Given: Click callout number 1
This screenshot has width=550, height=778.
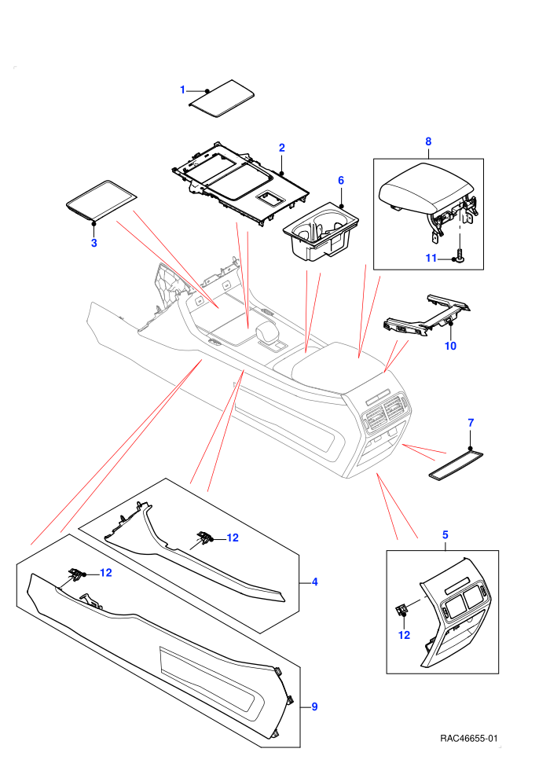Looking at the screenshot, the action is click(182, 90).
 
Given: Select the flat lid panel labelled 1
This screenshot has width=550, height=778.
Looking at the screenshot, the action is click(222, 98).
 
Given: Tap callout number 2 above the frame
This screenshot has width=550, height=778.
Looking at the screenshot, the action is click(282, 148).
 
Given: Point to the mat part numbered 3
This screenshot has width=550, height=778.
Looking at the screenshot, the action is click(101, 199).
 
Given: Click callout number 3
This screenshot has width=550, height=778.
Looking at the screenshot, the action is click(93, 243).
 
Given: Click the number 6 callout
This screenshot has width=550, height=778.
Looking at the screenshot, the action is click(341, 181).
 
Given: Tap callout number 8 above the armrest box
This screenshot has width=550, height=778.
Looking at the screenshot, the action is click(428, 141).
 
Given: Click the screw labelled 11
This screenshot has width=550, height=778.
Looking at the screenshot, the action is click(460, 256).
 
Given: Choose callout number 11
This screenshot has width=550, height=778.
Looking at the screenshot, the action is click(431, 258).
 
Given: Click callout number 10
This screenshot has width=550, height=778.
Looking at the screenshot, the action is click(450, 346).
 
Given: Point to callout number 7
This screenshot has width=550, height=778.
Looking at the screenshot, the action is click(471, 423).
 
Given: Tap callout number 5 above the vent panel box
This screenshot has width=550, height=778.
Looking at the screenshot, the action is click(445, 535).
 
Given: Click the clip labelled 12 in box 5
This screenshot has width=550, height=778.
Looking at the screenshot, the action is click(401, 608).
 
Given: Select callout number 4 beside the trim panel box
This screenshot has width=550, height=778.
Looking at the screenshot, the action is click(315, 582).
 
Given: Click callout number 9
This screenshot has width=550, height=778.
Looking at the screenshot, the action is click(314, 706).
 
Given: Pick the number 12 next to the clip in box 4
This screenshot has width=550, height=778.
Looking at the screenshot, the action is click(233, 538).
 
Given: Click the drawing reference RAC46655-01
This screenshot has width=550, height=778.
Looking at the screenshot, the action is click(468, 739).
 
